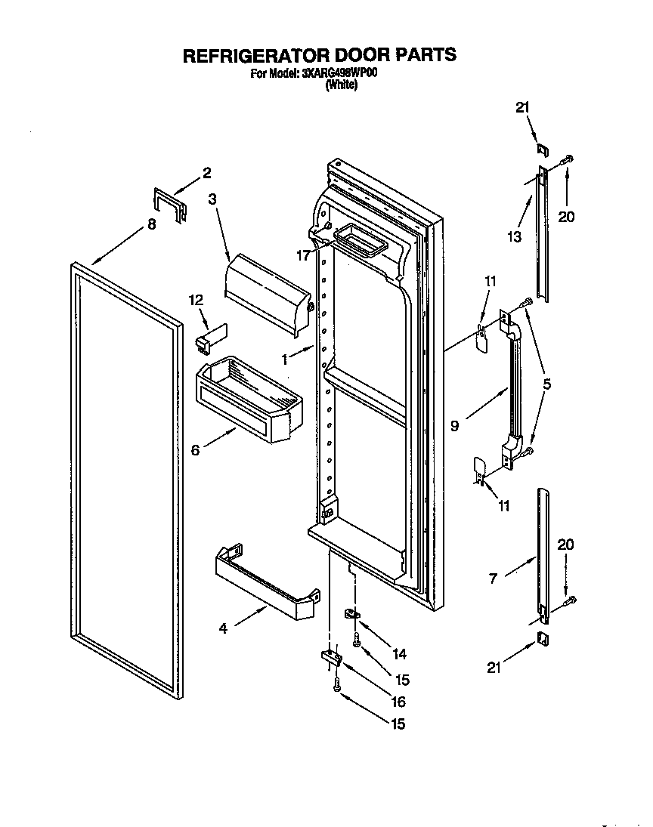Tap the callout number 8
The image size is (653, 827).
pyautogui.click(x=152, y=224)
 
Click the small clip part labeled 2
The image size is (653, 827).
pyautogui.click(x=170, y=205)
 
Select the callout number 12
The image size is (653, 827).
pyautogui.click(x=197, y=300)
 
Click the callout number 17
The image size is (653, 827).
pyautogui.click(x=304, y=255)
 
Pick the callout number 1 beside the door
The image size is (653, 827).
pyautogui.click(x=285, y=360)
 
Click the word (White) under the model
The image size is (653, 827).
pyautogui.click(x=341, y=85)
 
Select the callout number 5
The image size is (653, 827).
pyautogui.click(x=547, y=384)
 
